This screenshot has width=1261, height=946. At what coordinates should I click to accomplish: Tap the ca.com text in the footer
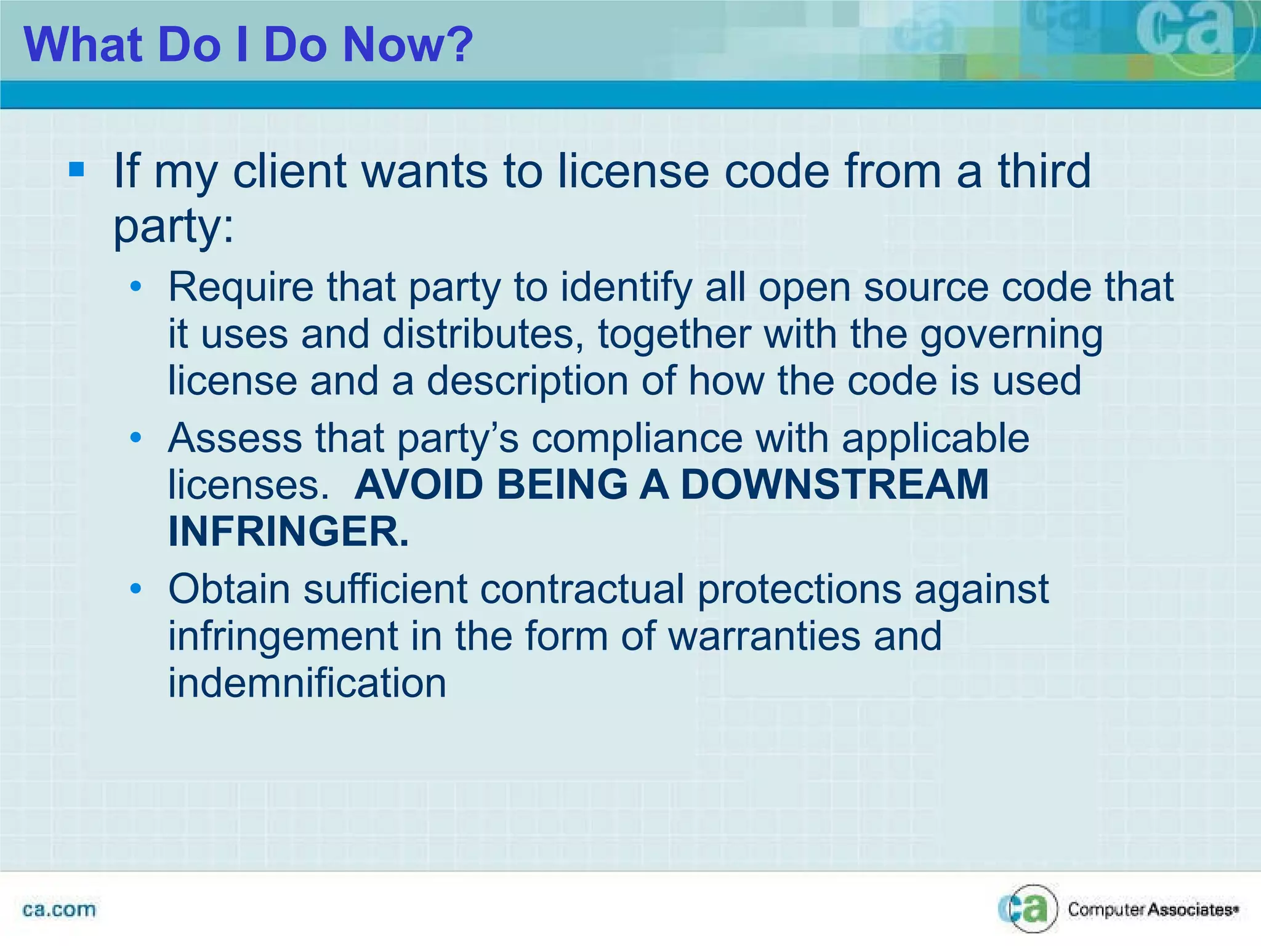click(59, 910)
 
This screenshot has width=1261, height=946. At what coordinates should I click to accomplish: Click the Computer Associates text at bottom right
click(1152, 910)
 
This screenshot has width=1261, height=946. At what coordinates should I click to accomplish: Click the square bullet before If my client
click(77, 169)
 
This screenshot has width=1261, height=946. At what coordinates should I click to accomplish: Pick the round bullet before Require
click(136, 286)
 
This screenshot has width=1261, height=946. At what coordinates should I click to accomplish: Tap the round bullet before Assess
click(136, 437)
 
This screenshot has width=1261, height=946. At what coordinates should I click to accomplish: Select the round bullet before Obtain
click(136, 589)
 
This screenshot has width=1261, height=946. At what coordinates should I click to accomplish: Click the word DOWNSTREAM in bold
click(834, 485)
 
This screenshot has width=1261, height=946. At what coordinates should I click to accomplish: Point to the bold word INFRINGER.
click(288, 532)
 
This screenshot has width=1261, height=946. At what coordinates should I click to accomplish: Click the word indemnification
click(307, 683)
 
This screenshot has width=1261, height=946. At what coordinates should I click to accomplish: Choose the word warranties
click(764, 636)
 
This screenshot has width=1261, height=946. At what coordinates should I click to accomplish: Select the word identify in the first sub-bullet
click(627, 288)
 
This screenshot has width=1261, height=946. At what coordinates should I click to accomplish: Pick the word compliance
click(637, 439)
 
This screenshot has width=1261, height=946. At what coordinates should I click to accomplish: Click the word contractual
click(582, 589)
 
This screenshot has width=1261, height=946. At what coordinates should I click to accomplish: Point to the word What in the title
click(83, 45)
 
